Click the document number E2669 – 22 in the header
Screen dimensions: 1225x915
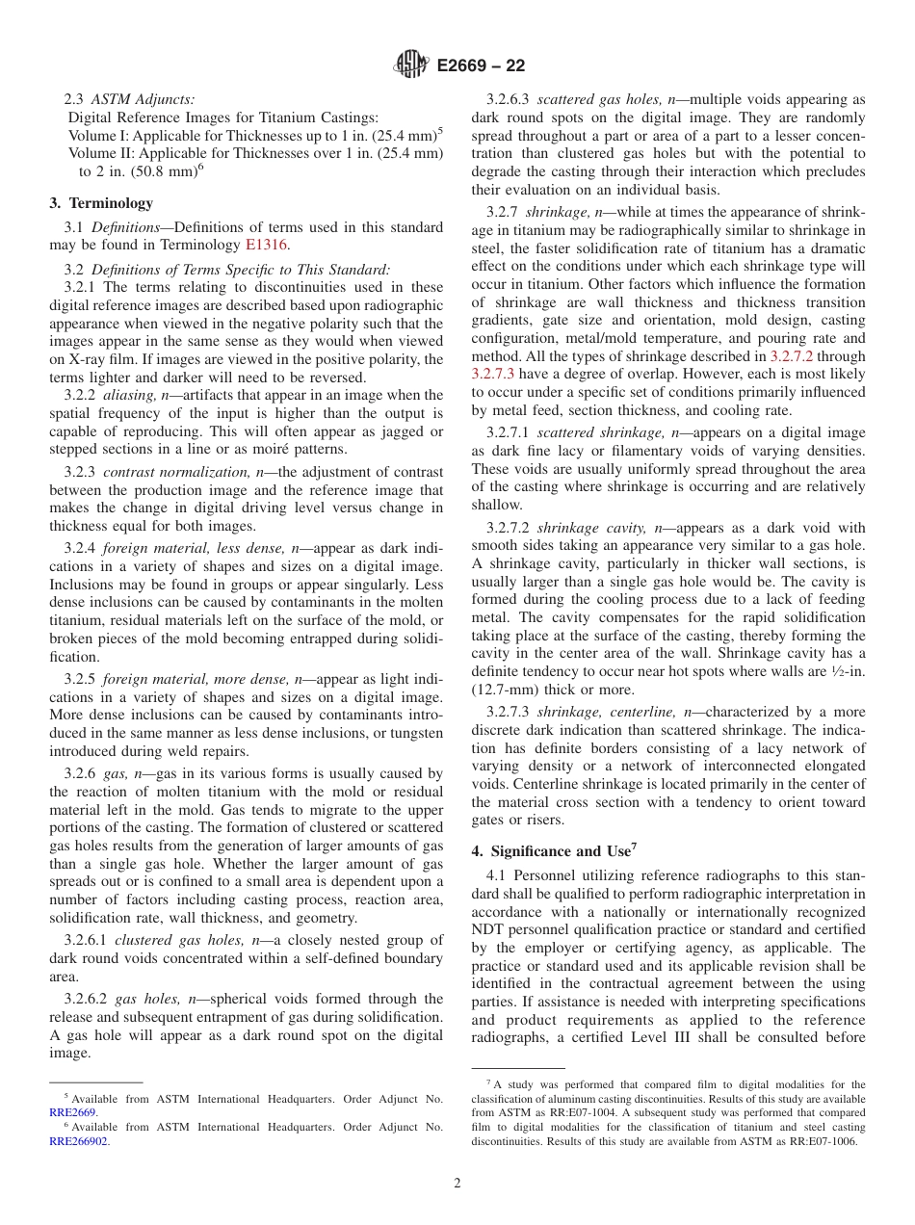(480, 66)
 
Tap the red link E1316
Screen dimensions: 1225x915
(267, 246)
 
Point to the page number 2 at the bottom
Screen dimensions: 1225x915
(457, 1184)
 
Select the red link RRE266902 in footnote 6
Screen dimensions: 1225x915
(79, 1140)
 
